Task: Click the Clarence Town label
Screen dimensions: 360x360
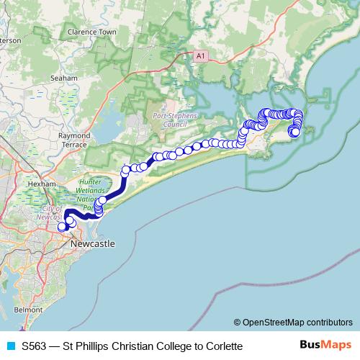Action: coord(91,32)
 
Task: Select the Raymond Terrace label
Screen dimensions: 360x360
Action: coord(74,140)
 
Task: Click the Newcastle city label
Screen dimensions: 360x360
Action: coord(93,244)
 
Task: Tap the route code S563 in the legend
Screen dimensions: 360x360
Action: coord(36,346)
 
